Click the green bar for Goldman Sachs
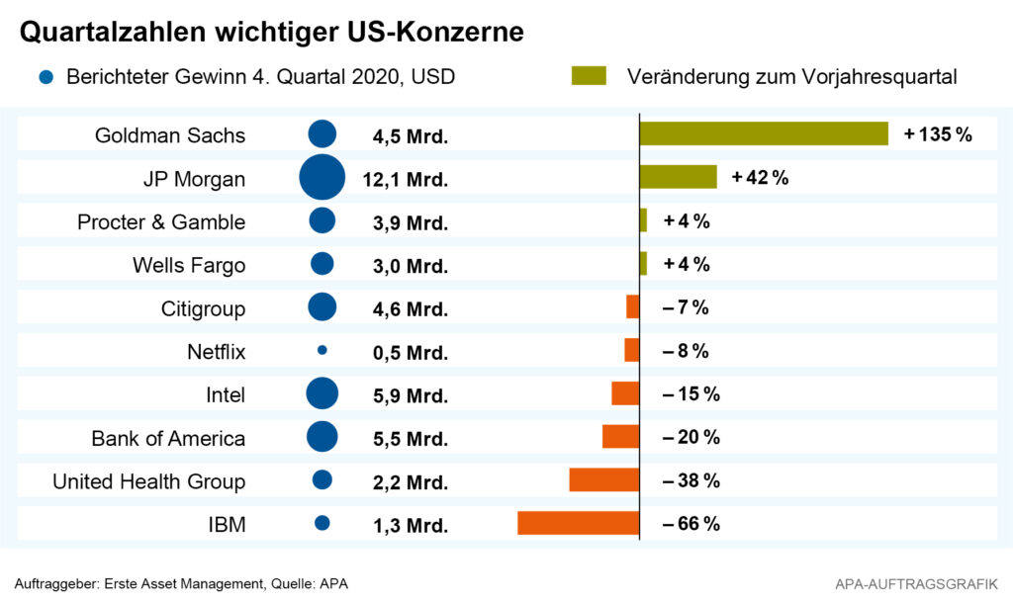click(x=764, y=134)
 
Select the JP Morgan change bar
click(x=678, y=178)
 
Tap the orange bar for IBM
click(x=578, y=523)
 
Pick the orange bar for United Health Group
click(x=603, y=479)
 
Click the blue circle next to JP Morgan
click(x=322, y=178)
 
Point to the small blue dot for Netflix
click(x=322, y=350)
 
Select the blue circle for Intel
click(x=322, y=393)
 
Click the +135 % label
click(x=938, y=134)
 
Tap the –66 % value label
click(x=691, y=523)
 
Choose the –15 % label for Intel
click(x=691, y=393)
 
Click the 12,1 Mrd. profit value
click(x=410, y=179)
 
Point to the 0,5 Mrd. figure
click(x=410, y=351)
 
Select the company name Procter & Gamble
click(x=161, y=221)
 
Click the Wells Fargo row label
click(x=189, y=265)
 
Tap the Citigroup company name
click(x=203, y=308)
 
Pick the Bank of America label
click(x=168, y=438)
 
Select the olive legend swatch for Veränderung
click(x=589, y=76)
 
